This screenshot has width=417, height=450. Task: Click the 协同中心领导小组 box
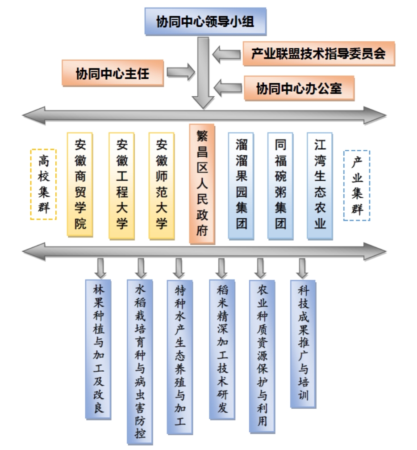(x=205, y=21)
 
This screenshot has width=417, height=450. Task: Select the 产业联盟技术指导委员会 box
(x=318, y=54)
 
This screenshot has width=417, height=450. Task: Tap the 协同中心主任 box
(x=112, y=72)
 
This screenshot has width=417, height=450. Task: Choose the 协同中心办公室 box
(x=299, y=88)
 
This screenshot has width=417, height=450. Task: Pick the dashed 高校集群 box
(x=44, y=184)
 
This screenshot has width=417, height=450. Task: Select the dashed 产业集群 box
(x=356, y=185)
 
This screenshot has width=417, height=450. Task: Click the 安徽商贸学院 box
(x=80, y=184)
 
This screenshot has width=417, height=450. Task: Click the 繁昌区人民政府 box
(x=202, y=184)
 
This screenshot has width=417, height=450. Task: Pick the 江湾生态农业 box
(x=320, y=184)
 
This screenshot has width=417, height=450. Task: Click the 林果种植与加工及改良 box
(x=98, y=349)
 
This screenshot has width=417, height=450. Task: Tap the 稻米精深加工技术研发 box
(x=222, y=349)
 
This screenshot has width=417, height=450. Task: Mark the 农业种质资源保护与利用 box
(x=262, y=356)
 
